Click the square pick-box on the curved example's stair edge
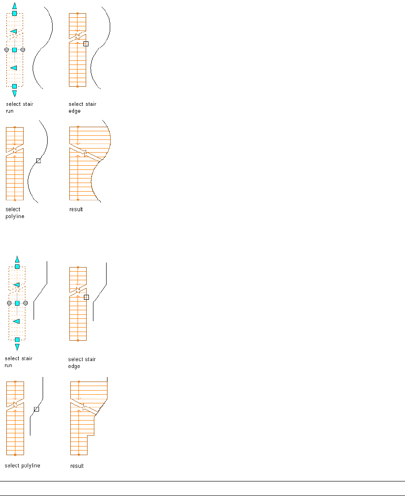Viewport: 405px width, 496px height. point(86,44)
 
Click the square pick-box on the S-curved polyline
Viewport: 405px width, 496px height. point(38,161)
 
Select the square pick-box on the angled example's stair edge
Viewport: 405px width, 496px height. point(87,297)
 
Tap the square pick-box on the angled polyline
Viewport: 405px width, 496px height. point(36,409)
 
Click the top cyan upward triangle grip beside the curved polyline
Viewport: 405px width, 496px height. point(15,5)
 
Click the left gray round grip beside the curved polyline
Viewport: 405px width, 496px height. point(6,50)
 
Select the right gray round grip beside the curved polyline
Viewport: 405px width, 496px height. point(23,50)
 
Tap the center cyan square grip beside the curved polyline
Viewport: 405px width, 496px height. point(15,50)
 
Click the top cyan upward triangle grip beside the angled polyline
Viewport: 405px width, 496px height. point(17,259)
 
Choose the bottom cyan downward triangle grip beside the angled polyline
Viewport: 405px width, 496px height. point(17,347)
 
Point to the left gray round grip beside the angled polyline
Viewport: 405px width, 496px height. point(9,303)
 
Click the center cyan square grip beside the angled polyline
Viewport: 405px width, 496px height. point(17,303)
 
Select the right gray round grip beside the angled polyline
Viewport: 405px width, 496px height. point(25,303)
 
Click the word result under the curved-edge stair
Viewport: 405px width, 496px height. point(76,209)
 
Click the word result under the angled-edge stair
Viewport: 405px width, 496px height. point(77,466)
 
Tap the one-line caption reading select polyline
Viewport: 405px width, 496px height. point(22,466)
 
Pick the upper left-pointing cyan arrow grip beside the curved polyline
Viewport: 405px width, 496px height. point(14,31)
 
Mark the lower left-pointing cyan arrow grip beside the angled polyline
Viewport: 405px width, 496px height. point(16,321)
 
